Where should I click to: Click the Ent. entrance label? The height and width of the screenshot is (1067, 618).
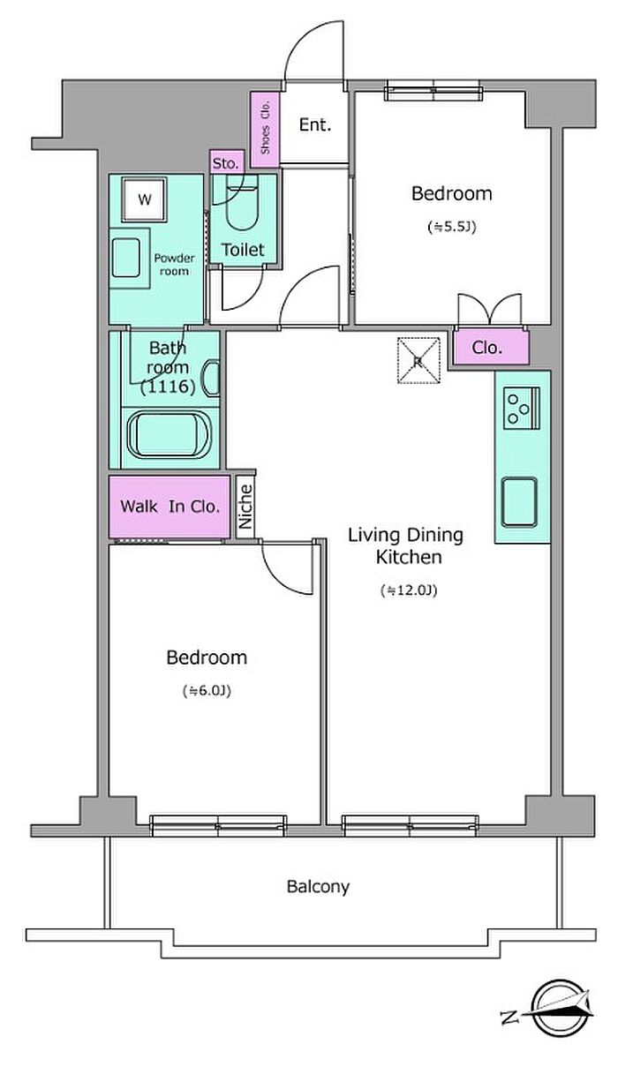[314, 125]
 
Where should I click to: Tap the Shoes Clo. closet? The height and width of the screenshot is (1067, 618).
[265, 129]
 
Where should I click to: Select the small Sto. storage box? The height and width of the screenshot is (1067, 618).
[227, 162]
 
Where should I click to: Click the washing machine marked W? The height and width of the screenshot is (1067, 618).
[145, 199]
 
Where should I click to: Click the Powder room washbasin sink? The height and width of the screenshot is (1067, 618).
[125, 258]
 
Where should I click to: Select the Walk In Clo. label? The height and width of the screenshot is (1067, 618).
[170, 507]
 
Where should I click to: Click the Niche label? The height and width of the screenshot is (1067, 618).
[245, 507]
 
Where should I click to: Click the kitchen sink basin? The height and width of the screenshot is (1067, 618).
[519, 502]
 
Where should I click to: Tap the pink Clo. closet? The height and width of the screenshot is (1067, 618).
[491, 347]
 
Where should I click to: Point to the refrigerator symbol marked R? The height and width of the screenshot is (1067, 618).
[418, 361]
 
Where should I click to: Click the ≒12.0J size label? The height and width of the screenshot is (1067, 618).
[409, 590]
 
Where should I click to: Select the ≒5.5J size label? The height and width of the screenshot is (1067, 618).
[452, 227]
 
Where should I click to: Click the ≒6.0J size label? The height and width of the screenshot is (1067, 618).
[207, 691]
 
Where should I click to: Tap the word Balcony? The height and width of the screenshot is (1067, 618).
[318, 886]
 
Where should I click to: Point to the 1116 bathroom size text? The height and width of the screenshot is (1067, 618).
[168, 387]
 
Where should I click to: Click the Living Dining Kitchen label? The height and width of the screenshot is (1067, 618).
[406, 546]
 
